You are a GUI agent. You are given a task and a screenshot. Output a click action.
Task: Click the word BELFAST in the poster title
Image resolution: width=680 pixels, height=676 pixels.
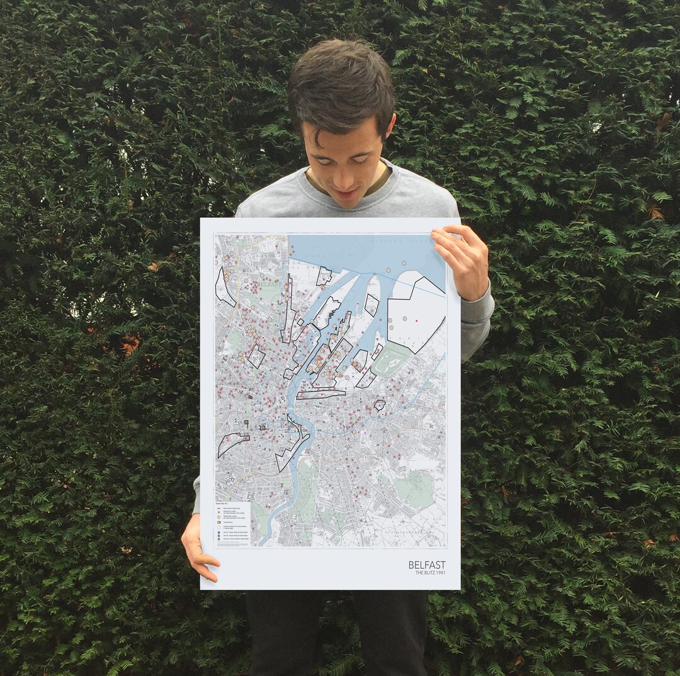tap(426, 565)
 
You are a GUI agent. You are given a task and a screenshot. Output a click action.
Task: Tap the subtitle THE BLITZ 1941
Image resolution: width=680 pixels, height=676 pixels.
tap(430, 573)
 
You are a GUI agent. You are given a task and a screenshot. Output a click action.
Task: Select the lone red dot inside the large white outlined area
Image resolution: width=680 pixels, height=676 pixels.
tap(416, 321)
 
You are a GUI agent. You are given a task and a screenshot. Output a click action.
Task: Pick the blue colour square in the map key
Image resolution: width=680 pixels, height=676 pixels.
tap(219, 532)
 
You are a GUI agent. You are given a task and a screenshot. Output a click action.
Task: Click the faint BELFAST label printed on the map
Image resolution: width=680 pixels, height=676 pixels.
tap(264, 284)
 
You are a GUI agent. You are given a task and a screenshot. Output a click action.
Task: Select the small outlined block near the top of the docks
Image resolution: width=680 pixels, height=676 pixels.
tap(324, 276)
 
